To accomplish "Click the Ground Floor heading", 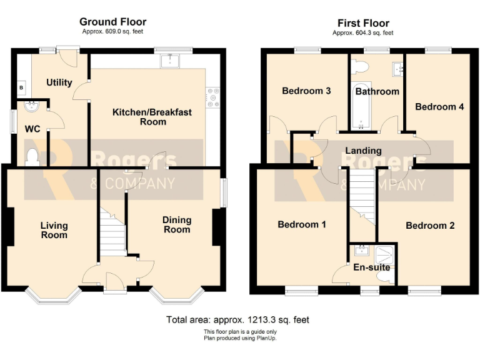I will pos(113,22).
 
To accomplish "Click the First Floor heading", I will pos(362,23).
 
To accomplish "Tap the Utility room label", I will pos(59,82).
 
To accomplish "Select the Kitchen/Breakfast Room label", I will pos(152,117).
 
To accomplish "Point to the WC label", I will pos(32,129).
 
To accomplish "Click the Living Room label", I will pos(54,230).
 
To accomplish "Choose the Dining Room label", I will pos(177,224).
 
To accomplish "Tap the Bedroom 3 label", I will pos(306,91).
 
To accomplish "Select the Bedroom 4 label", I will pos(439,106).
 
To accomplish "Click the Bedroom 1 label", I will pos(301,224).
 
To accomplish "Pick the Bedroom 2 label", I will pos(430,226).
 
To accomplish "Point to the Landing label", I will pos(363,151).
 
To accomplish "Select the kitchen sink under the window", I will pos(169,61).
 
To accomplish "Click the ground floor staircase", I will pos(112,234).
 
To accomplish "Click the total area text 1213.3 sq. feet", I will pos(237,319).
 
